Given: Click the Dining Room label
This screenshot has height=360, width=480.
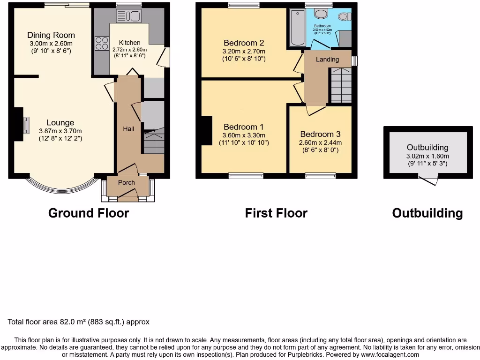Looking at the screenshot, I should (51, 35).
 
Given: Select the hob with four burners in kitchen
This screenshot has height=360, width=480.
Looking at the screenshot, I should (102, 44).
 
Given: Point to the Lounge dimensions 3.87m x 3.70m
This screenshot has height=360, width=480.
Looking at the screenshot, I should (60, 131).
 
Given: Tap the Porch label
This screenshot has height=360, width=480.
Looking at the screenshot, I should (126, 182).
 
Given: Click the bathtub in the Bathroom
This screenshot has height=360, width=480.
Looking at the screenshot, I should (297, 28).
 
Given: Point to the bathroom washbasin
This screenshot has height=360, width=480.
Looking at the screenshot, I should (322, 14).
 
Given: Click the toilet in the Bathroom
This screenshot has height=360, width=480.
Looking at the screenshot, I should (345, 17).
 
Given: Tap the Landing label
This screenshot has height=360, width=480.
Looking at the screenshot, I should (327, 60).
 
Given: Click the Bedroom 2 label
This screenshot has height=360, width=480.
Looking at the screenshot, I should (244, 43).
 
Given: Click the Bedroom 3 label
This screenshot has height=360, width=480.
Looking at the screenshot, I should (321, 134).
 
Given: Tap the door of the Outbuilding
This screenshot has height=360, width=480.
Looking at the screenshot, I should (428, 180).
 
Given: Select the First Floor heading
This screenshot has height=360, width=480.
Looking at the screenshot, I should (276, 213).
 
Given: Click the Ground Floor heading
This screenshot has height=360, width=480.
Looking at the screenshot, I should (89, 213).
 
